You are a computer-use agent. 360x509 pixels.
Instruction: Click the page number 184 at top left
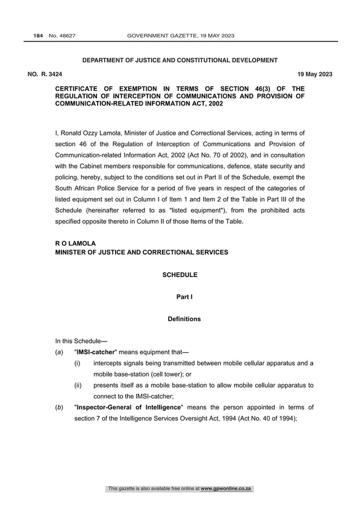click(38, 36)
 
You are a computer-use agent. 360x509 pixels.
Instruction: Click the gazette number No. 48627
click(63, 36)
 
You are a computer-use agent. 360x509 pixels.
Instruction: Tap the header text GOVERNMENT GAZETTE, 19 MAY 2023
click(181, 36)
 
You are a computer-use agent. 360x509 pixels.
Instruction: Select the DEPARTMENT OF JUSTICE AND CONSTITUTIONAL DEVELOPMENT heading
click(180, 60)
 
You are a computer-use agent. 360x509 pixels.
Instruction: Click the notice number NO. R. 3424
click(45, 74)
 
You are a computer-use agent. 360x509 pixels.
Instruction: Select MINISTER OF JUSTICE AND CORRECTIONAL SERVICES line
click(142, 252)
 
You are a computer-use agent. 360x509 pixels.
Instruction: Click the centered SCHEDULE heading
click(180, 275)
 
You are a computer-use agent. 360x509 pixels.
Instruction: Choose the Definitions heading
click(184, 319)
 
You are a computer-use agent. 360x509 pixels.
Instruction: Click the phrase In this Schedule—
click(77, 341)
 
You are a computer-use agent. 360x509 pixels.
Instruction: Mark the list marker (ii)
click(78, 385)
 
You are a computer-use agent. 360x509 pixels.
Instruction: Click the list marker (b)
click(59, 407)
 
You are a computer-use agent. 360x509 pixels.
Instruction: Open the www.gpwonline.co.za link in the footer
click(226, 489)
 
